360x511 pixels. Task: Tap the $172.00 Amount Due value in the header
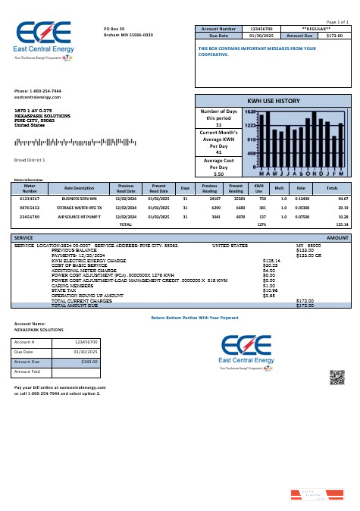pyautogui.click(x=333, y=35)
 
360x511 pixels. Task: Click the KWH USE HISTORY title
pyautogui.click(x=274, y=101)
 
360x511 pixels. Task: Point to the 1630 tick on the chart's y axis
pyautogui.click(x=251, y=111)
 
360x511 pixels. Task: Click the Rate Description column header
pyautogui.click(x=79, y=188)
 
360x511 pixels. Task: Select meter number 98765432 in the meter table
pyautogui.click(x=30, y=207)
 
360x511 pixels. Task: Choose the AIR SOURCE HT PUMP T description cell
pyautogui.click(x=79, y=216)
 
